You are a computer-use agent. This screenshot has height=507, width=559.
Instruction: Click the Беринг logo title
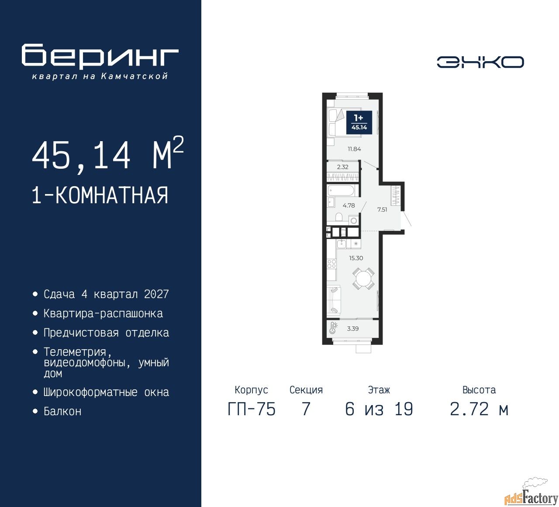pyautogui.click(x=100, y=56)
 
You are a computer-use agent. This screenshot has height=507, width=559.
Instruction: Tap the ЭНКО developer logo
pyautogui.click(x=480, y=62)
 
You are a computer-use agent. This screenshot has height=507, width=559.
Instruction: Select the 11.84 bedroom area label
pyautogui.click(x=354, y=149)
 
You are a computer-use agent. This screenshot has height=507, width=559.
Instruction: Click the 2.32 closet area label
pyautogui.click(x=342, y=167)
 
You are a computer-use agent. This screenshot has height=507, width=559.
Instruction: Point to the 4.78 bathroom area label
pyautogui.click(x=349, y=205)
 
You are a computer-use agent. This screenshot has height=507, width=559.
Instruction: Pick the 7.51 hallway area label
pyautogui.click(x=382, y=209)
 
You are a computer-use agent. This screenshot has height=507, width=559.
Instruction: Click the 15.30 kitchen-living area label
pyautogui.click(x=356, y=258)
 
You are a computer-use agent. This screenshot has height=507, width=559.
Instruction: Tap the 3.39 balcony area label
pyautogui.click(x=353, y=329)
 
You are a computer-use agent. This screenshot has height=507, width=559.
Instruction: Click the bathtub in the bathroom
pyautogui.click(x=341, y=191)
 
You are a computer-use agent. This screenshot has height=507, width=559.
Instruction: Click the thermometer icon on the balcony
pyautogui.click(x=333, y=328)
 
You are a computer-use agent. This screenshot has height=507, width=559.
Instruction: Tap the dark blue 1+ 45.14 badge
pyautogui.click(x=359, y=123)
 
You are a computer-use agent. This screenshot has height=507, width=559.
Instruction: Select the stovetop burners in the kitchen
pyautogui.click(x=331, y=264)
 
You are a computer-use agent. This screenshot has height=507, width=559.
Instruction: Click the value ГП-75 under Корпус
pyautogui.click(x=252, y=410)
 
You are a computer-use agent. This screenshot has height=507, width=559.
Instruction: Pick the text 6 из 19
pyautogui.click(x=379, y=410)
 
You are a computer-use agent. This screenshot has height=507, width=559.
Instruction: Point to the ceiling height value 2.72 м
pyautogui.click(x=479, y=410)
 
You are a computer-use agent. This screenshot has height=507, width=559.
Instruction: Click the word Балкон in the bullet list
pyautogui.click(x=62, y=411)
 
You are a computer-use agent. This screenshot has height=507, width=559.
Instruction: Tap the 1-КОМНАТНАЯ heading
pyautogui.click(x=100, y=195)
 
